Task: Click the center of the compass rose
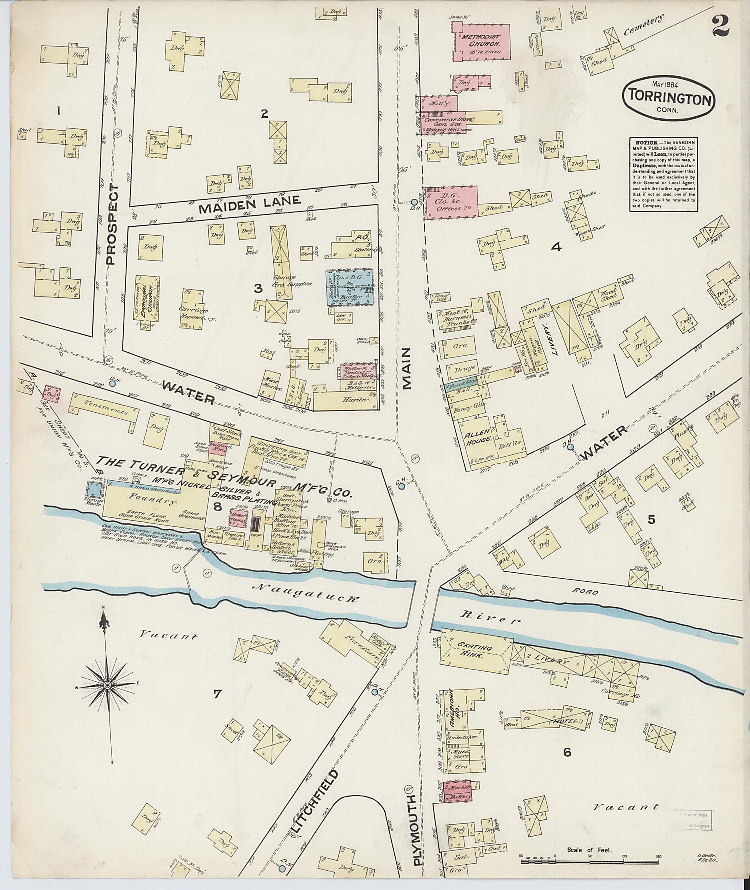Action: click(x=107, y=685)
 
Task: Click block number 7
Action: click(x=217, y=694)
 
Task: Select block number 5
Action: click(x=651, y=519)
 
